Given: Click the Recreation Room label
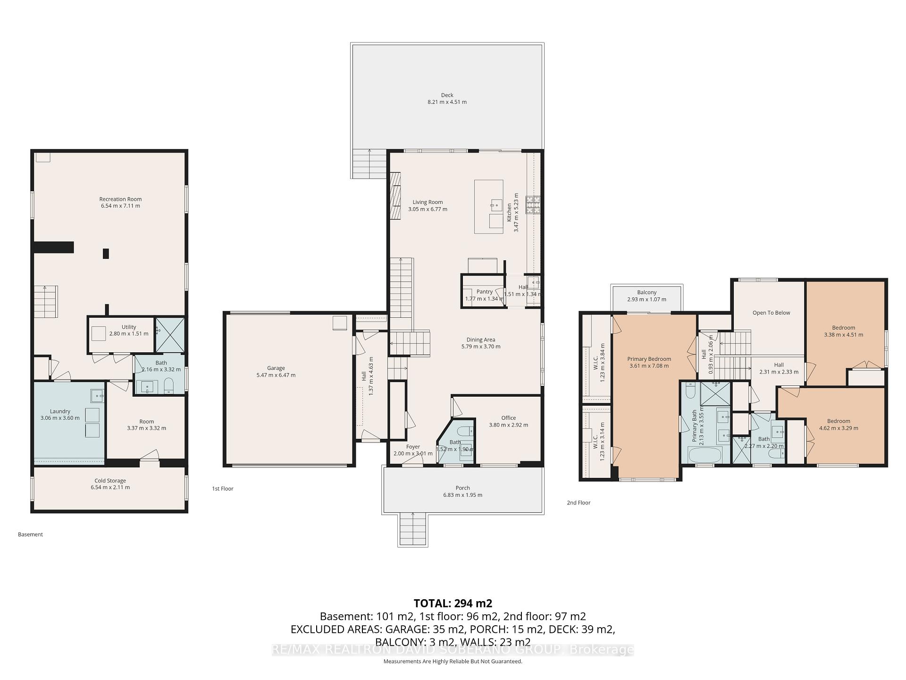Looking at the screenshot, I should click(x=120, y=199).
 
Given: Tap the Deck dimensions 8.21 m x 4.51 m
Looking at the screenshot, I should click(x=447, y=102).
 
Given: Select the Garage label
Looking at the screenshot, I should click(x=276, y=368).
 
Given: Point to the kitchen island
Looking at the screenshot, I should click(x=488, y=206).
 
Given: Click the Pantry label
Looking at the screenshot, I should click(x=484, y=292).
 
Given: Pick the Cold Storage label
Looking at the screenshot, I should click(x=110, y=481).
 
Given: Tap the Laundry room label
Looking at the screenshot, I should click(x=60, y=411).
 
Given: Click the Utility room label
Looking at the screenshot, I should click(x=129, y=327).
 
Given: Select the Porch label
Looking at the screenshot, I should click(x=462, y=488).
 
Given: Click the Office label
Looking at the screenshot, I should click(x=508, y=418).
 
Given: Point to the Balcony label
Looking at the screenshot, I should click(x=646, y=293).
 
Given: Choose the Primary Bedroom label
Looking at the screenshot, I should click(x=649, y=359).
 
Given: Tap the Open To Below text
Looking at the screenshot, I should click(x=771, y=313).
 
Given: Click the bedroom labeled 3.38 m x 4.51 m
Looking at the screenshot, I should click(x=843, y=331).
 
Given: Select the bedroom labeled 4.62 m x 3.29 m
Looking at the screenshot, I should click(x=838, y=425).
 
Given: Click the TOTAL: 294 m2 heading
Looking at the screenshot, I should click(x=453, y=603).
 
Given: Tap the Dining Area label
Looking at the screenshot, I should click(x=480, y=340).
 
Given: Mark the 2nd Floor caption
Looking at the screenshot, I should click(x=578, y=502).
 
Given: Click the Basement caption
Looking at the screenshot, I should click(x=30, y=535).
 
